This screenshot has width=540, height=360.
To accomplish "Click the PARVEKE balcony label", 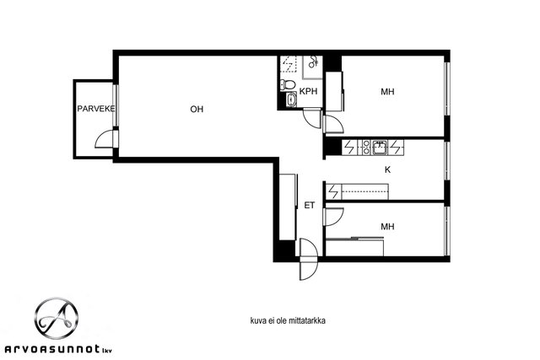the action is tap(95, 109).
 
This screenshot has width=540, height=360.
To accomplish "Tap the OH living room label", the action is tap(197, 109).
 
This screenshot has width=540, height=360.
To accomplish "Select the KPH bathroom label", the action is tap(308, 91).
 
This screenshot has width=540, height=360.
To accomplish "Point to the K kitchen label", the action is tap(387, 169).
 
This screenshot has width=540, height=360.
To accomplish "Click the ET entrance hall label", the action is tap(310, 206).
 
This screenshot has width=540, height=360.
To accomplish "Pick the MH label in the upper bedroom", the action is tap(387, 92).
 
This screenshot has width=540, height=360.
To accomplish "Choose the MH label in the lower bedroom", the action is tap(387, 227).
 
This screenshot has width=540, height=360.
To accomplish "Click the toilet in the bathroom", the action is tap(288, 84).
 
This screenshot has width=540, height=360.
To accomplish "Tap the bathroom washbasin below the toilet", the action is tap(292, 99).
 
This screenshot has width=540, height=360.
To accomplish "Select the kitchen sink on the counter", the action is tap(379, 148).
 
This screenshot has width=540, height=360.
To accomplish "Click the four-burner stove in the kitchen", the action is tap(364, 148).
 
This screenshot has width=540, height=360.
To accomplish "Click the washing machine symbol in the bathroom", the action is tap(289, 64).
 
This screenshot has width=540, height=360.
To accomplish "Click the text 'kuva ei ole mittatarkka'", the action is tap(288, 320).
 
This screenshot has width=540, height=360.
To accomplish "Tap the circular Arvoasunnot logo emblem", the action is tap(57, 318).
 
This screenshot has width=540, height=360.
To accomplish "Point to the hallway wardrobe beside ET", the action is tap(288, 207).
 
